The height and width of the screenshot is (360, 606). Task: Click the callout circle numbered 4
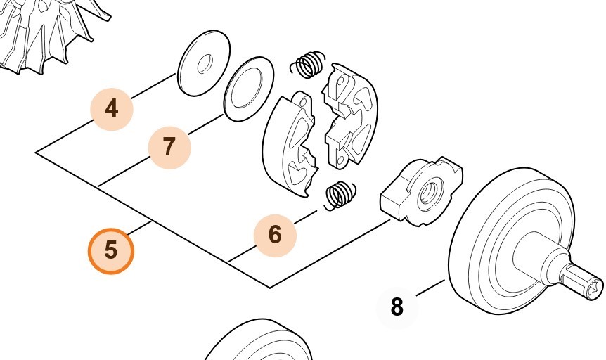tap(111, 109)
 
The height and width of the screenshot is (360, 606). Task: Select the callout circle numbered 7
tap(169, 147)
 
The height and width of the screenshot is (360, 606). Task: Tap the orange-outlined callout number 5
tap(110, 250)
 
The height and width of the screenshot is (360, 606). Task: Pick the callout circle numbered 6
tap(275, 234)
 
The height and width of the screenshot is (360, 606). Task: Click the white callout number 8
tap(397, 307)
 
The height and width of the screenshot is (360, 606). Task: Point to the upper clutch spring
tap(308, 65)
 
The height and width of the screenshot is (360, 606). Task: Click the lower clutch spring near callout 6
tap(340, 194)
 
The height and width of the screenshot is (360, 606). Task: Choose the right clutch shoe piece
tap(350, 116)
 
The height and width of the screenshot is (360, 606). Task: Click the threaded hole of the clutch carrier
tap(426, 191)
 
